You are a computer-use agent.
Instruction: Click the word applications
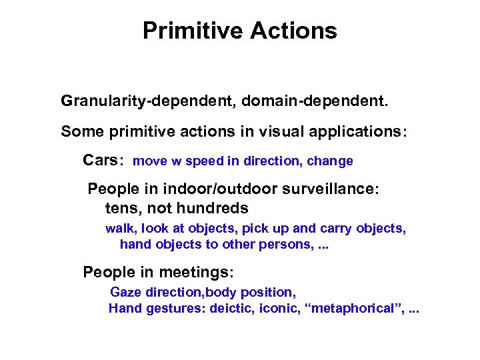click(x=357, y=131)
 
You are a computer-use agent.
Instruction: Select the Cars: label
click(x=103, y=161)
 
